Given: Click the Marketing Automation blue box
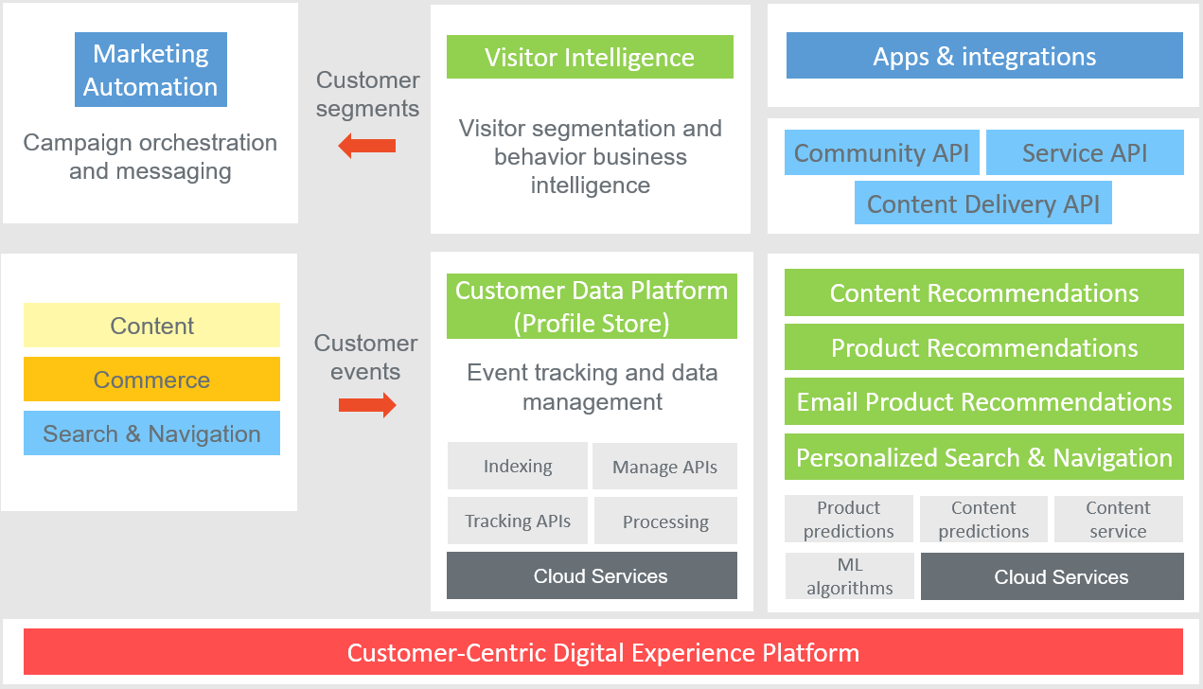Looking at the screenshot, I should tap(150, 71).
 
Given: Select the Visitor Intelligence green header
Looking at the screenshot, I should tap(590, 57).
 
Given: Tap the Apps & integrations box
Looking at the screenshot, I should tap(984, 56).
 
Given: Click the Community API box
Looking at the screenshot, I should tap(881, 153).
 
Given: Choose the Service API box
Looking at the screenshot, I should tap(1085, 153).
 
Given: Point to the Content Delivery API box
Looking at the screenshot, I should tap(982, 204).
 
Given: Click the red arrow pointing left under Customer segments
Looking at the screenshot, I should tap(367, 146).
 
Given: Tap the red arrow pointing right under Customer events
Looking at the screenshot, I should tap(367, 406).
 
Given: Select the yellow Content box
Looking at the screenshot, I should tap(151, 326).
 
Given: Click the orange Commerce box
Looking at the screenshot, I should tap(151, 380).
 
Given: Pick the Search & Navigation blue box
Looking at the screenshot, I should tap(151, 433).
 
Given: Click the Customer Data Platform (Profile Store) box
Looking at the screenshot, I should tap(592, 307).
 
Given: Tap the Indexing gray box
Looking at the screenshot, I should tap(518, 466).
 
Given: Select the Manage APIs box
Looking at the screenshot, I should tap(664, 467).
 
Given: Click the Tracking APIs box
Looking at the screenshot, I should tap(518, 521).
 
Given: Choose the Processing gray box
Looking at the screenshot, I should tap(665, 521).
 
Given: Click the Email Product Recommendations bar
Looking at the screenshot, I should tap(984, 402).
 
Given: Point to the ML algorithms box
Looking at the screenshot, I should tap(850, 576).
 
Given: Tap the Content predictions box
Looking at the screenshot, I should tap(983, 520).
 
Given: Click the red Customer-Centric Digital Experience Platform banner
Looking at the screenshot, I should tap(603, 652).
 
